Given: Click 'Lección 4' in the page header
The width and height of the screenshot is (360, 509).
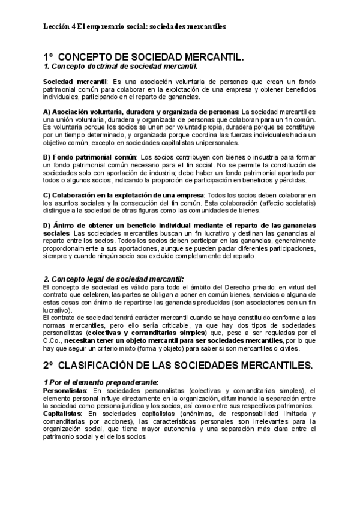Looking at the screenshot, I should tap(59, 27).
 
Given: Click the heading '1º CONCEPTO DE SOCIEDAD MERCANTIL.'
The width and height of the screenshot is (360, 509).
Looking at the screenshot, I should tap(144, 56).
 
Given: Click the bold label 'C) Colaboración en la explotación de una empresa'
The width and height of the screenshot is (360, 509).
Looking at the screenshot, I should tap(124, 195).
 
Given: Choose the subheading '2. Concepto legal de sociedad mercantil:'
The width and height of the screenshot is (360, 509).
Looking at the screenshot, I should tap(114, 280).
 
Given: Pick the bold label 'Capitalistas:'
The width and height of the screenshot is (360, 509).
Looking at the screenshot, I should tap(64, 414).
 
